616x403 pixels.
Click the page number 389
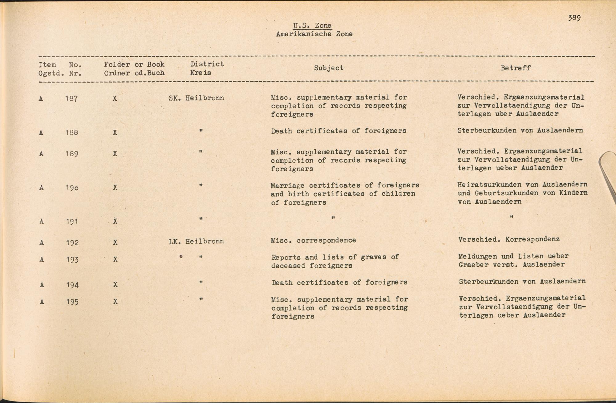click(574, 18)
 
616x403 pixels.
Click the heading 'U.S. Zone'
click(312, 26)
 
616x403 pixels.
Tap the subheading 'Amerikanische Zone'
click(314, 34)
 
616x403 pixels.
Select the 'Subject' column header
click(329, 68)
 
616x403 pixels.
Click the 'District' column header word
click(207, 64)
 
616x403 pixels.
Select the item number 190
click(72, 188)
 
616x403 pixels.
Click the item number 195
click(72, 302)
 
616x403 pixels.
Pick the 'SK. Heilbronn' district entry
click(196, 98)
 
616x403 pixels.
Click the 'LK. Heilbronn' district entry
click(196, 242)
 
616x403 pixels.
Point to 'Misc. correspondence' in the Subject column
click(313, 240)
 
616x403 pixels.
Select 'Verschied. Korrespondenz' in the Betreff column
click(509, 239)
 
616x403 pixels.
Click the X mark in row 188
click(115, 132)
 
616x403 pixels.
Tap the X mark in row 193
click(115, 259)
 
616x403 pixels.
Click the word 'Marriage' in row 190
click(287, 186)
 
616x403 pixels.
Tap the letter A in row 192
click(42, 243)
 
